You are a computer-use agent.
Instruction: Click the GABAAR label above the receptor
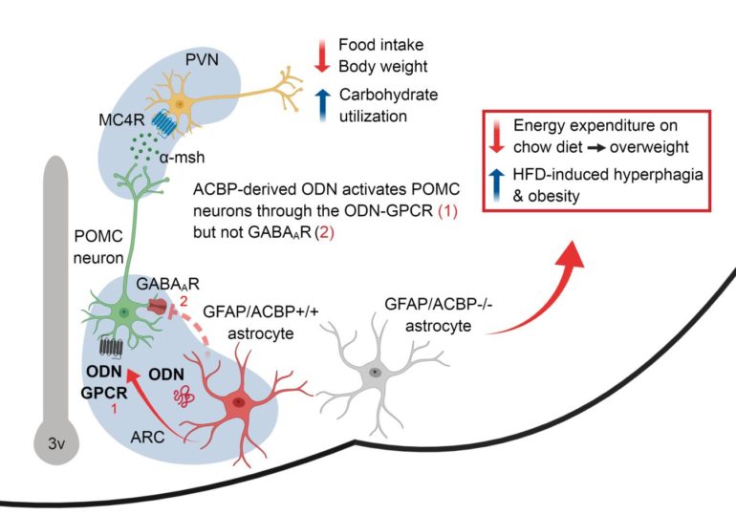(x=153, y=286)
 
